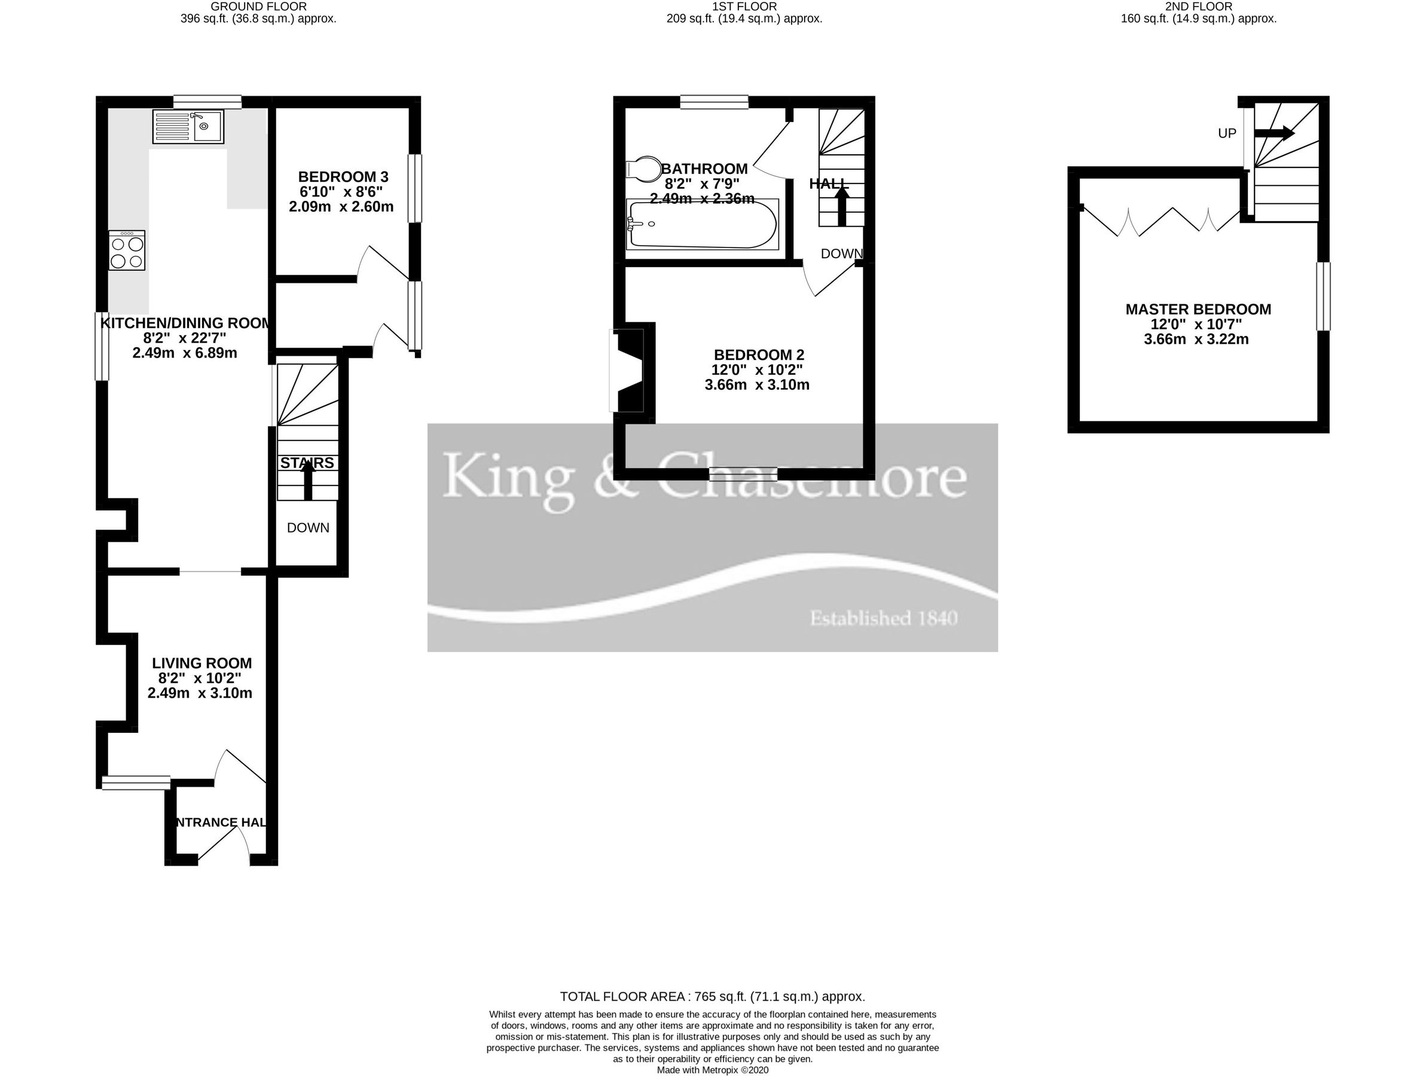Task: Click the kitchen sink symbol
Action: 188,126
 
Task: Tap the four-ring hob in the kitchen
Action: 127,251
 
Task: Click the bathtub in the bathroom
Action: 702,224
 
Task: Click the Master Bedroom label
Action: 1198,310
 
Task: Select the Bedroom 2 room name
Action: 759,354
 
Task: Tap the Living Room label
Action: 201,663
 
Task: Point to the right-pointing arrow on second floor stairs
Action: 1274,133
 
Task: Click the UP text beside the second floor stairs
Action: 1227,133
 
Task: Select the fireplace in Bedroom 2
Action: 630,371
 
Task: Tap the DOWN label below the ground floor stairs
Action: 308,528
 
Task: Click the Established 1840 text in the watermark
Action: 883,618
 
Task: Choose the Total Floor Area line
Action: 712,996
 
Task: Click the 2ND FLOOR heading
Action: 1198,7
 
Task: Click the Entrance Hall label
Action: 221,822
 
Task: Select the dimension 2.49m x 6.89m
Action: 184,353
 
